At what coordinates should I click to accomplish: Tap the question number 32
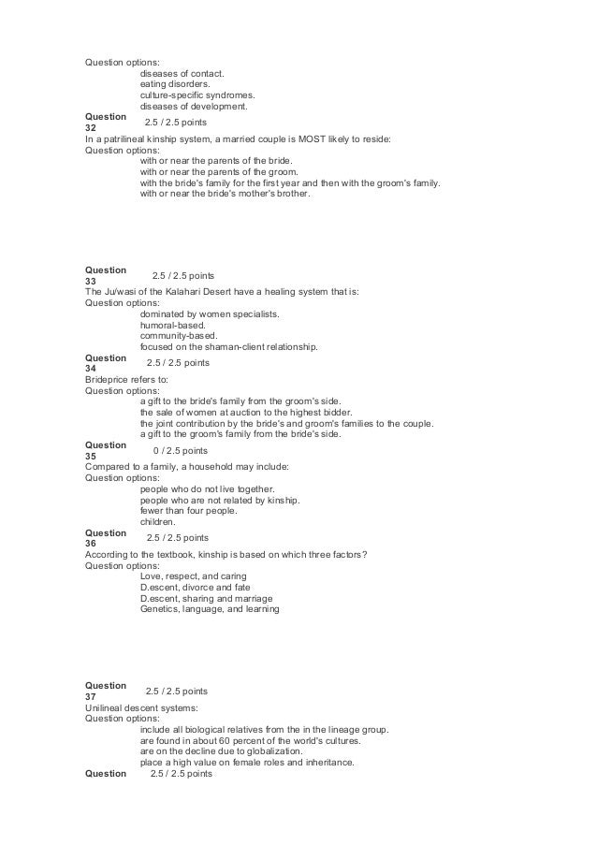coord(90,127)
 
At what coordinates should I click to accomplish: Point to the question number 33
coord(90,281)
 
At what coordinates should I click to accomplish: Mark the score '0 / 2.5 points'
coord(181,450)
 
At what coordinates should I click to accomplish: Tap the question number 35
coord(90,457)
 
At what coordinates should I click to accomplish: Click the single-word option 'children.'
coord(157,522)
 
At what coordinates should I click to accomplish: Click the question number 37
coord(90,696)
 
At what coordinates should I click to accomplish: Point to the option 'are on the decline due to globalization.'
coord(221,751)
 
